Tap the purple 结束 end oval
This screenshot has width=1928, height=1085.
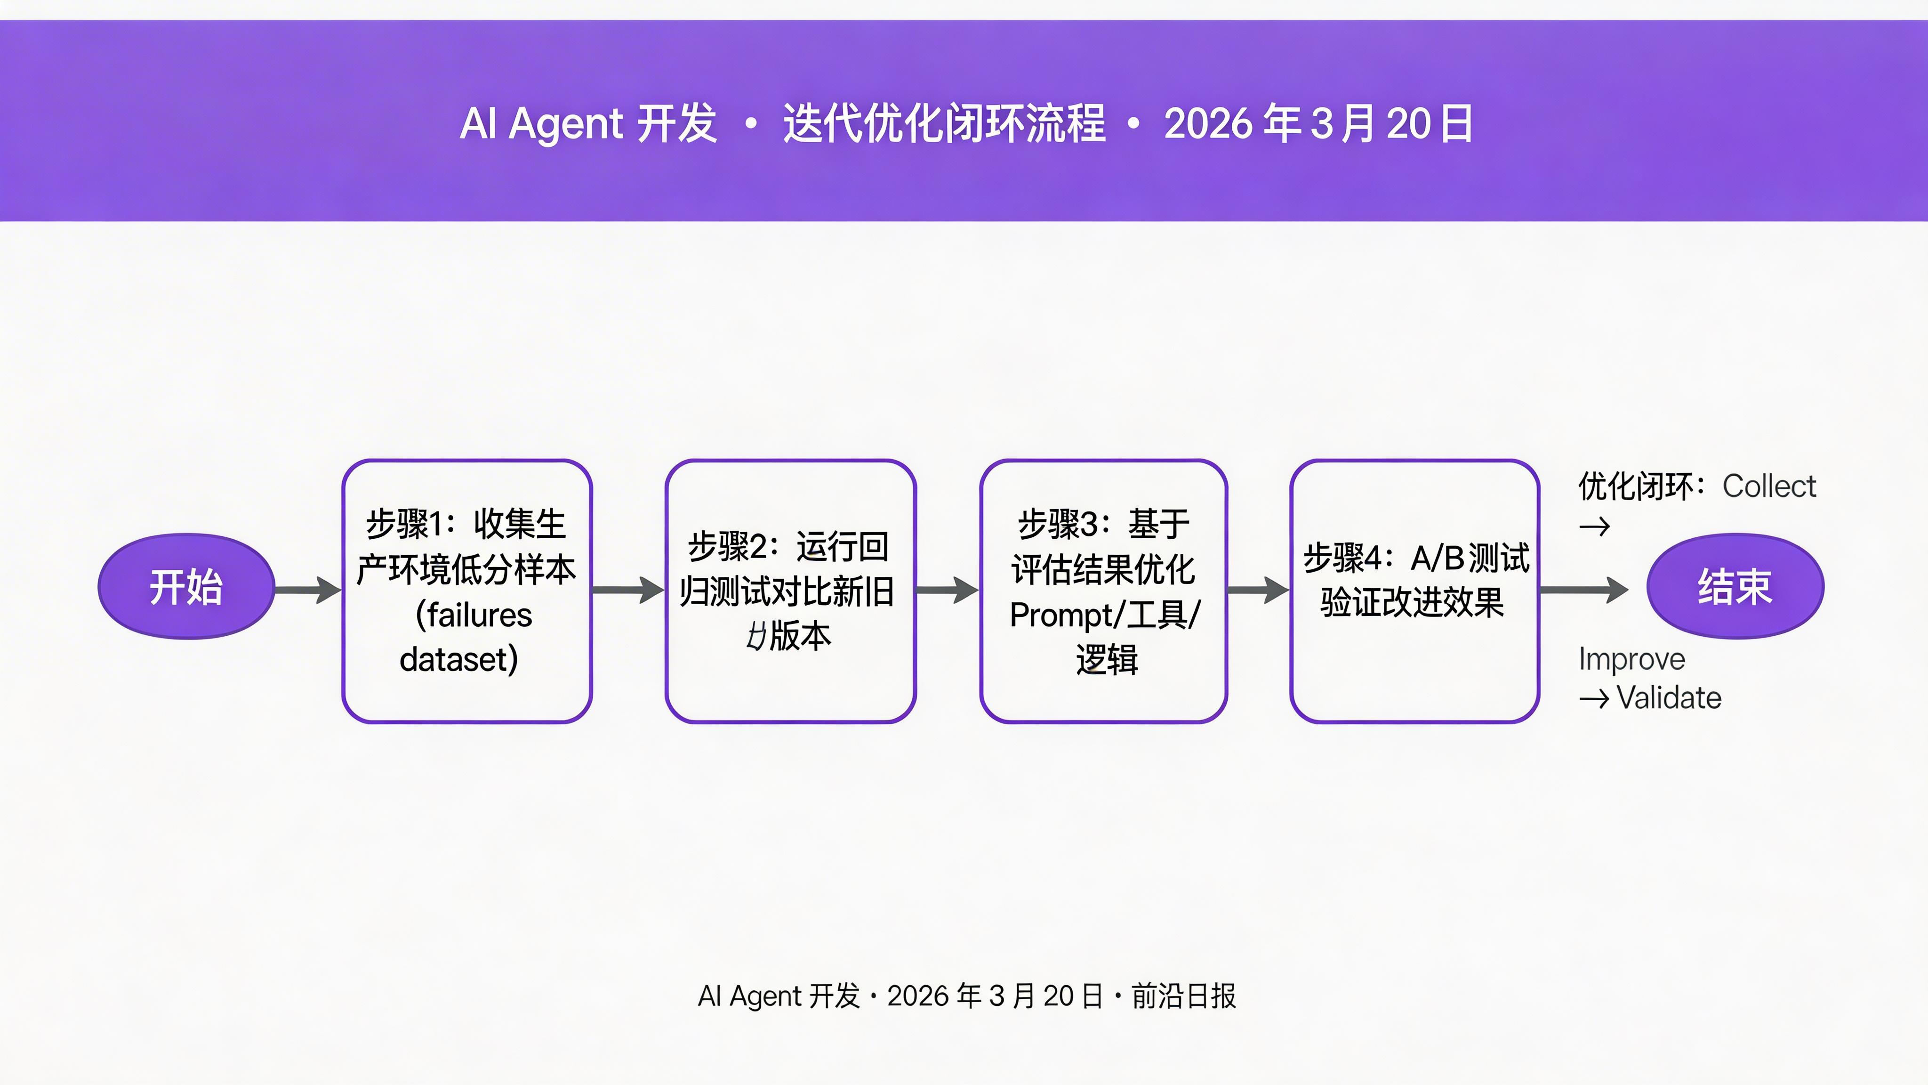(x=1735, y=586)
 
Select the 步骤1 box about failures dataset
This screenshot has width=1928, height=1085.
(x=467, y=591)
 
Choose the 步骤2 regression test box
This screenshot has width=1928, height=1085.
(x=790, y=591)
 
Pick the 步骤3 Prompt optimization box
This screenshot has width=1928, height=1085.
(x=1103, y=591)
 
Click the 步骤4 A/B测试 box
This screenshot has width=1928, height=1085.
(x=1414, y=591)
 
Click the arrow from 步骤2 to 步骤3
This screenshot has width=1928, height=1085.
(x=947, y=590)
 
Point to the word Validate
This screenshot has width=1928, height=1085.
(x=1669, y=698)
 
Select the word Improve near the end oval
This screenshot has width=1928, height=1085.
(x=1631, y=659)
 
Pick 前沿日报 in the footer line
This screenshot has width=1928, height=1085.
(x=1183, y=996)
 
